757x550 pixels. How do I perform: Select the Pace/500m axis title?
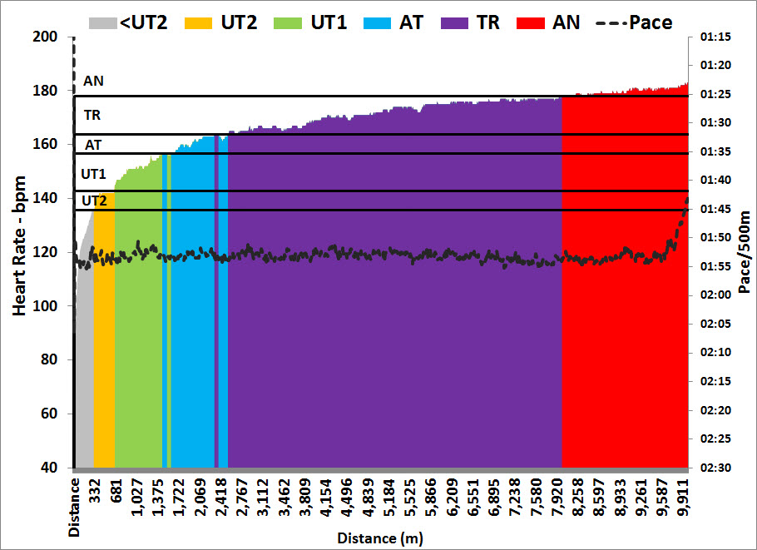click(x=744, y=252)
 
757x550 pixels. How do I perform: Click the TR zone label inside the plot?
click(x=92, y=116)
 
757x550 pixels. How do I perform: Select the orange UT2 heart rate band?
click(x=104, y=333)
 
